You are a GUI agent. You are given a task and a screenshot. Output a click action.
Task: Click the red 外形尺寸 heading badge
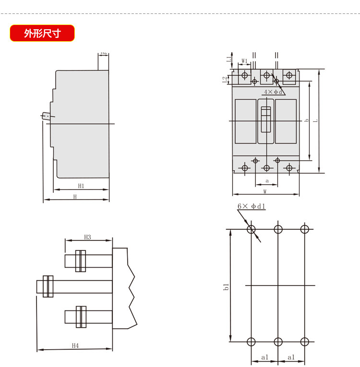[42, 34]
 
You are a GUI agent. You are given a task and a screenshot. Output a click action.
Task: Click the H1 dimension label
[81, 186]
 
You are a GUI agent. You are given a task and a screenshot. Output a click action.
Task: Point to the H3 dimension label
[88, 237]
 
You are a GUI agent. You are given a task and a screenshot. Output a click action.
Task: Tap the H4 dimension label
[75, 345]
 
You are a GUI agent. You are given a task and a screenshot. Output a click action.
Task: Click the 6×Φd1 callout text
[252, 207]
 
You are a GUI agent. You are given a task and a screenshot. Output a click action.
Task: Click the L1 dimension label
[229, 59]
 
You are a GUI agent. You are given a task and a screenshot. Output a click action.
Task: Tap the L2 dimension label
[224, 79]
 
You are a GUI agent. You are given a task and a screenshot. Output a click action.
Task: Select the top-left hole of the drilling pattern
[251, 229]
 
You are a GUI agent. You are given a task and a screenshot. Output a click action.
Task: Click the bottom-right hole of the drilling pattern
[304, 342]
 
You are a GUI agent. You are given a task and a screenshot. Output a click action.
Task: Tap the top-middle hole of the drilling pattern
[278, 229]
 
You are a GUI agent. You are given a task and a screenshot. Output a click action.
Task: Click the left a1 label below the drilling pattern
[264, 357]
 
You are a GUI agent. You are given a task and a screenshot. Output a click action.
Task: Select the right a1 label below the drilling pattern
[291, 357]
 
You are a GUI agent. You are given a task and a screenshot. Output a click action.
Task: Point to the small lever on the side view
[47, 116]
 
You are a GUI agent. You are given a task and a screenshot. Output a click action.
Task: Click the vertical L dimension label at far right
[315, 121]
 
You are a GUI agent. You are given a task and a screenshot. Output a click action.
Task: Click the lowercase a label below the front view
[266, 181]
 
